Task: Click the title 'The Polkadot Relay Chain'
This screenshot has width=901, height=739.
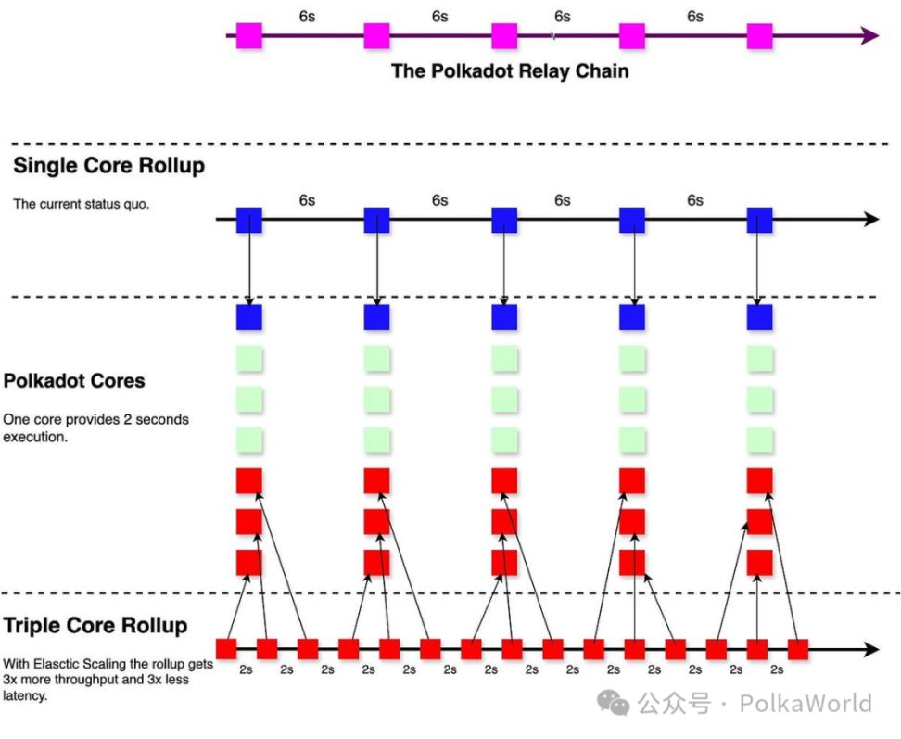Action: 510,71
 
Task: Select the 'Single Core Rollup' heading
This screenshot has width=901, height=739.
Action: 108,167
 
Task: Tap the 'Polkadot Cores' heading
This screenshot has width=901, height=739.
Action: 74,381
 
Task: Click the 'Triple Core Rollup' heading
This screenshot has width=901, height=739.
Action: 95,626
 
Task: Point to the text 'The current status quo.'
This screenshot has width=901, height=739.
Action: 82,204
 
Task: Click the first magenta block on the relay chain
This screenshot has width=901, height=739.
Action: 249,36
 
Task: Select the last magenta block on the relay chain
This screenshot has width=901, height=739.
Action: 759,36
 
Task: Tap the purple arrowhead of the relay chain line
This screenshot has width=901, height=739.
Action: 869,36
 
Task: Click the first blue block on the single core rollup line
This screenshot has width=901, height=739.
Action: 249,221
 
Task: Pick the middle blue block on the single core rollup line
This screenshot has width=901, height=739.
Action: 504,221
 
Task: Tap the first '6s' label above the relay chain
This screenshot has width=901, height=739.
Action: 308,17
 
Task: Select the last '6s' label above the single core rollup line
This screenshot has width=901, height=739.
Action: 694,200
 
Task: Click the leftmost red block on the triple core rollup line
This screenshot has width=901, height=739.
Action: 226,648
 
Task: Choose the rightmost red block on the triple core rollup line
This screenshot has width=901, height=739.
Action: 797,648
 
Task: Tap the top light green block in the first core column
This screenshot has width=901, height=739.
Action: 249,359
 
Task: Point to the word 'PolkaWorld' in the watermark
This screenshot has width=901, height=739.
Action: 806,705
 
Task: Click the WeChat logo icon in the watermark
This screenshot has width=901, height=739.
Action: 614,704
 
